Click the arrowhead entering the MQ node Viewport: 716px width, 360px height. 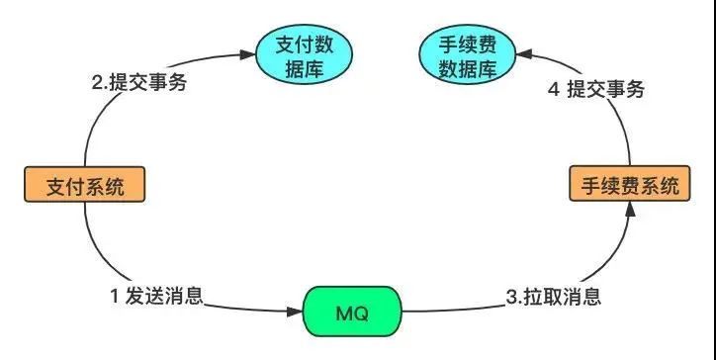[298, 313]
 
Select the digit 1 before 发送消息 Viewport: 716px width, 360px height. [114, 295]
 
